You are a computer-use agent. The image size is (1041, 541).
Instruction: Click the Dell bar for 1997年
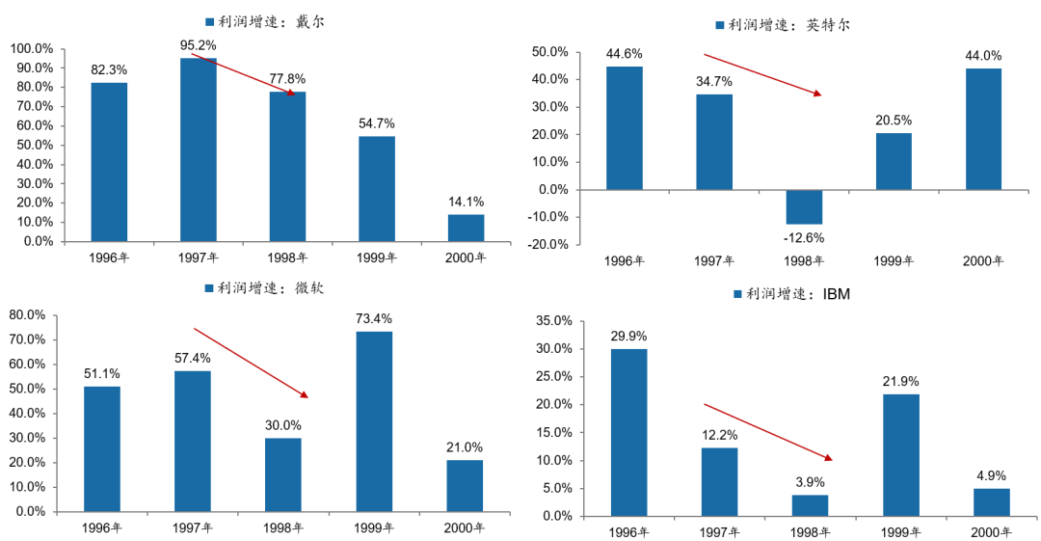[x=198, y=149]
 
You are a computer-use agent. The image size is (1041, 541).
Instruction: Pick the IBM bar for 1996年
[x=628, y=432]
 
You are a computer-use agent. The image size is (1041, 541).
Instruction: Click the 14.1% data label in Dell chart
[x=466, y=202]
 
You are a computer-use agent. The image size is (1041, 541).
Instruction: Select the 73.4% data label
[x=374, y=318]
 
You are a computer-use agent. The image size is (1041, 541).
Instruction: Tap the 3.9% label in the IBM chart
[x=809, y=481]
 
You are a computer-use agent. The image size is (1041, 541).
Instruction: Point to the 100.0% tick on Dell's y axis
[x=31, y=48]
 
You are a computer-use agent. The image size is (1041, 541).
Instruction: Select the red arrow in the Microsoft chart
[x=251, y=362]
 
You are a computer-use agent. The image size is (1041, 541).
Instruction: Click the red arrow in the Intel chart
[x=761, y=74]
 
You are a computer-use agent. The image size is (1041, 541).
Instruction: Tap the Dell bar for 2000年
[x=466, y=228]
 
